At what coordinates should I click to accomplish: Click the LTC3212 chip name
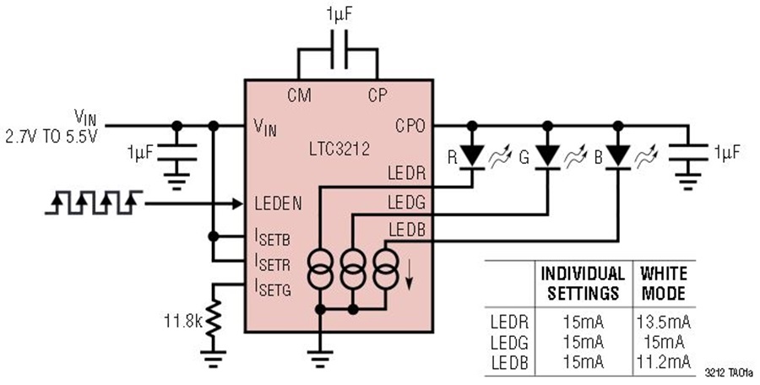(339, 149)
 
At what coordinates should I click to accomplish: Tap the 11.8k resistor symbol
(214, 318)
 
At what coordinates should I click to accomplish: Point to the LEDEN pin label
(278, 203)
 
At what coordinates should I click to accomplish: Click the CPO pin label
(410, 126)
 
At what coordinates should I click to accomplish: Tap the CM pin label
(299, 95)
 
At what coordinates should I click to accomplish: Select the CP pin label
(377, 95)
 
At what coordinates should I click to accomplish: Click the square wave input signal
(94, 202)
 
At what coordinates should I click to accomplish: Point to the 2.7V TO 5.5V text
(52, 137)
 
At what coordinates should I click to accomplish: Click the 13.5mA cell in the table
(664, 322)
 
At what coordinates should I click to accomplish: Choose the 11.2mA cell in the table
(664, 362)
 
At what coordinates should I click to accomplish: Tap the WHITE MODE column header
(664, 284)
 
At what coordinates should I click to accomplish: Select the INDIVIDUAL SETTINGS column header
(583, 284)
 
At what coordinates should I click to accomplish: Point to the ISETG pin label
(273, 288)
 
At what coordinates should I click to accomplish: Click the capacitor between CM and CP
(339, 50)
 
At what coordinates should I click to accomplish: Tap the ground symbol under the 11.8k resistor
(214, 359)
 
